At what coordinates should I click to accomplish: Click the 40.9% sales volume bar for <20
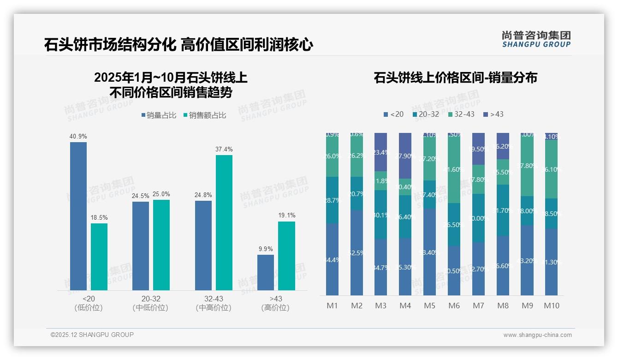pos(78,216)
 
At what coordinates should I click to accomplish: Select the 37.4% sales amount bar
pos(224,222)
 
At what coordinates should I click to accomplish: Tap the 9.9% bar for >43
pos(265,272)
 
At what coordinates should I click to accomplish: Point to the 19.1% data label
pos(287,216)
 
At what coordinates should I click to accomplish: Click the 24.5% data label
pos(141,196)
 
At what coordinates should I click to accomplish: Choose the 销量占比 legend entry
pos(158,115)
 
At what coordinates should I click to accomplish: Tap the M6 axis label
pos(454,306)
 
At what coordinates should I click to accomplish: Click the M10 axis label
pos(551,306)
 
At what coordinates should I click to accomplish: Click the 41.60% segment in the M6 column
pos(454,170)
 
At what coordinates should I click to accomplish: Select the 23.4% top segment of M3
pos(380,152)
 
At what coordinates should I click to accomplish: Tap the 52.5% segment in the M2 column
pos(357,252)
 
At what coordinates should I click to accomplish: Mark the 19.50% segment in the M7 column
pos(478,149)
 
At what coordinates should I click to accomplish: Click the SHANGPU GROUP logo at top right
pos(536,39)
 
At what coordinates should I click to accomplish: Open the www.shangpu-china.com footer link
pos(537,335)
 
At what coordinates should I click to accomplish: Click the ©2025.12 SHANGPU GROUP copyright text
pos(92,335)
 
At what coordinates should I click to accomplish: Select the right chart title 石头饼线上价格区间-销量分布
pos(455,78)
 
